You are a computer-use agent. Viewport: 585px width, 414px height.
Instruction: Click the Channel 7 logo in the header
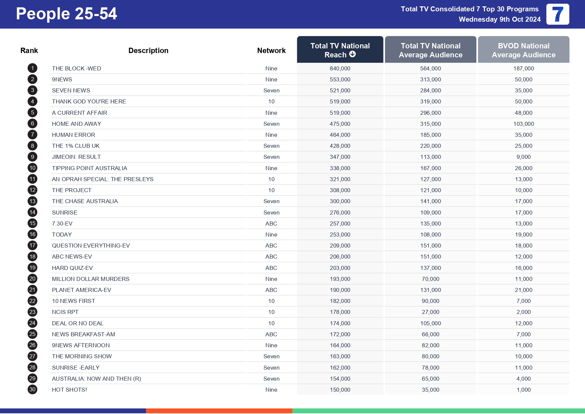coord(558,14)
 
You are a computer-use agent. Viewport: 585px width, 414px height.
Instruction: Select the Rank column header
coord(29,50)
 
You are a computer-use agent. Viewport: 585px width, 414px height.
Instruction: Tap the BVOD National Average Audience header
coord(524,50)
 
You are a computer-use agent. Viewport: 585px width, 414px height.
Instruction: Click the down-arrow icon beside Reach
coord(353,54)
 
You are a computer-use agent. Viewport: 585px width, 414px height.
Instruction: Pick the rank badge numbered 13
coord(32,201)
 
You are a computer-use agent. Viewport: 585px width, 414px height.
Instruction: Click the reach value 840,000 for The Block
coord(340,68)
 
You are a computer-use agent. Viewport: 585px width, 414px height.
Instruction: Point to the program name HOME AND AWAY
coord(76,124)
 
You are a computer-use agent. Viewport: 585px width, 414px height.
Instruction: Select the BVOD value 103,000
coord(524,124)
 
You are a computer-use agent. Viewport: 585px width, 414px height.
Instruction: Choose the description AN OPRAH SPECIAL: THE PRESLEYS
coord(102,179)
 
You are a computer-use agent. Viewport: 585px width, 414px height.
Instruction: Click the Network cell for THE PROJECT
coord(271,190)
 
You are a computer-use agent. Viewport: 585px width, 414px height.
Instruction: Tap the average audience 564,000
coord(431,68)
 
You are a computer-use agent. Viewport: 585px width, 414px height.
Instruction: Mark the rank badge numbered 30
coord(32,389)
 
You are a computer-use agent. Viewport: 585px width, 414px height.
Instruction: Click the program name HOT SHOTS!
coord(69,390)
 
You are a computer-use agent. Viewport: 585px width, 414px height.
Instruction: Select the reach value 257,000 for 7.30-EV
coord(340,224)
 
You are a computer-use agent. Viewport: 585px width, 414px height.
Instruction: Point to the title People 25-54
coord(66,14)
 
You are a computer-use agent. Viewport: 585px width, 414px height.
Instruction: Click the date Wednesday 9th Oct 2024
coord(500,19)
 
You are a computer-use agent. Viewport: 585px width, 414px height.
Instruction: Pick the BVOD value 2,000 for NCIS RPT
coord(524,312)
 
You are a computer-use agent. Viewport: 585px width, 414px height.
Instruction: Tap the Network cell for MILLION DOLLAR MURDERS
coord(271,279)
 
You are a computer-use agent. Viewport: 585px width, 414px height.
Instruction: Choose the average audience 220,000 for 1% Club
coord(431,146)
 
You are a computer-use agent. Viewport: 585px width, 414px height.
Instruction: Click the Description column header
coord(148,50)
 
